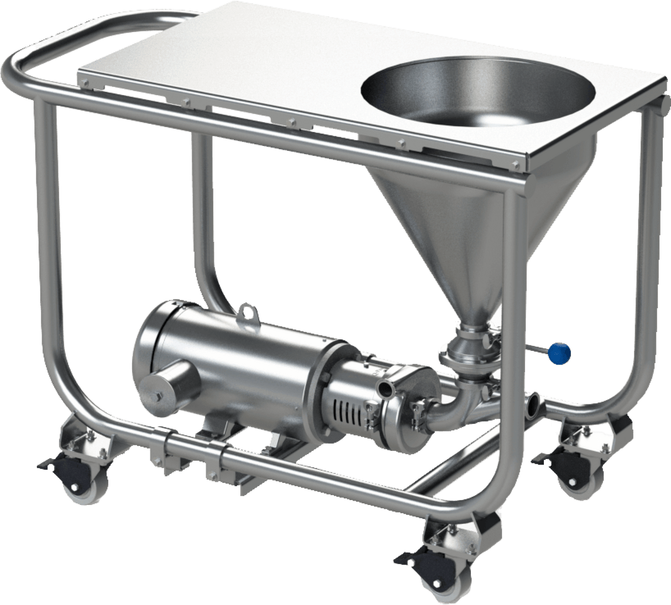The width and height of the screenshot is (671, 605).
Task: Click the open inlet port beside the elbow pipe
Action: tap(534, 403)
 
